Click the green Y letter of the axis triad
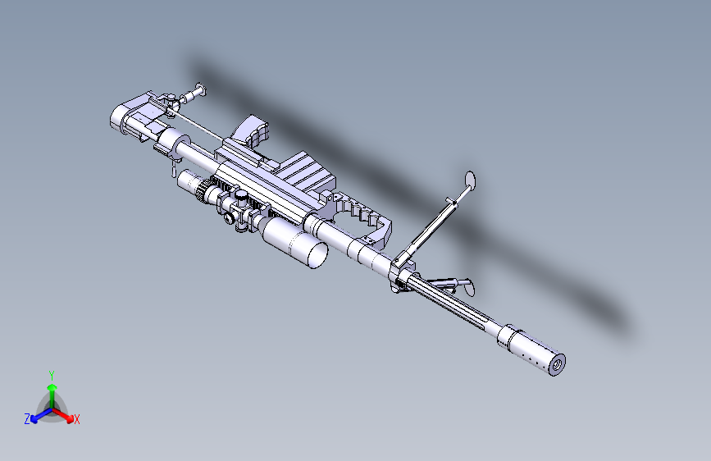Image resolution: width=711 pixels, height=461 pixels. (x=51, y=375)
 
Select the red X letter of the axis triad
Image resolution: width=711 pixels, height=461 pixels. (x=77, y=420)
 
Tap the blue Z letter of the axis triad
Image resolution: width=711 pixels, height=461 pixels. (x=27, y=418)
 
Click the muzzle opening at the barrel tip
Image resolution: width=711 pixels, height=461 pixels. (x=558, y=363)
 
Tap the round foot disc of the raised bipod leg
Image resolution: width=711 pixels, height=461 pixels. (x=471, y=179)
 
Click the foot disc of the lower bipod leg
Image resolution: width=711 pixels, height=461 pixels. (x=468, y=286)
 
